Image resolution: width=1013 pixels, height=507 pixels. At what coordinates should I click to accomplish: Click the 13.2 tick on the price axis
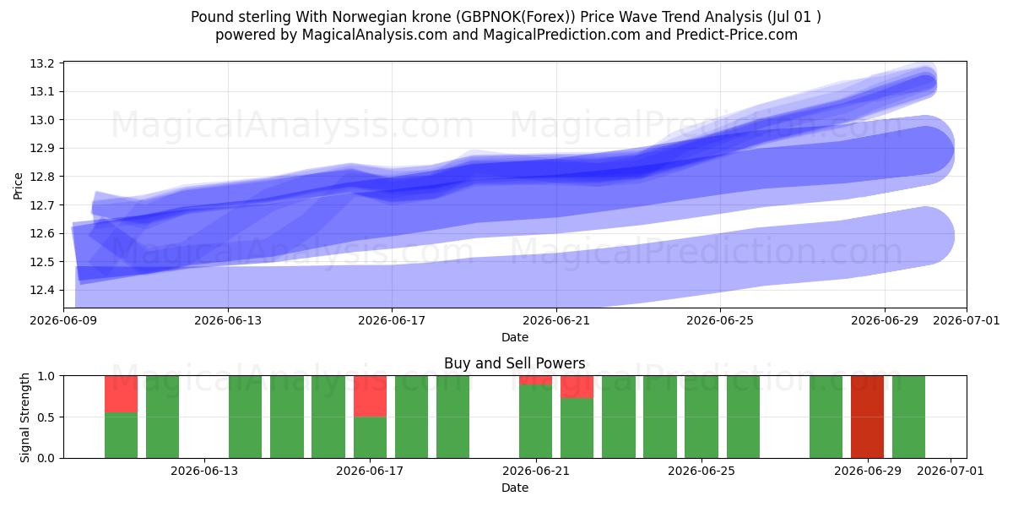(x=41, y=63)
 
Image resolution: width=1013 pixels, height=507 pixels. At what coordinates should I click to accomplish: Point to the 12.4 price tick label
(x=41, y=290)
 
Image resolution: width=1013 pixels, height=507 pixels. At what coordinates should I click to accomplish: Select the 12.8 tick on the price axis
(x=41, y=177)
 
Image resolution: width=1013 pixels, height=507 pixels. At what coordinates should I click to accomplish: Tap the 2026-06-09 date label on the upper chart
(x=64, y=320)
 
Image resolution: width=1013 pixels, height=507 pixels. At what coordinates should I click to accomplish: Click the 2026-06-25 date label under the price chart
(x=720, y=320)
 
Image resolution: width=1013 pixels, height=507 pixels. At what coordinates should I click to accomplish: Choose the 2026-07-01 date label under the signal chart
(x=951, y=471)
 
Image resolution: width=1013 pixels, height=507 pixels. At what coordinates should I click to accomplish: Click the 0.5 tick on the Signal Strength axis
(x=46, y=417)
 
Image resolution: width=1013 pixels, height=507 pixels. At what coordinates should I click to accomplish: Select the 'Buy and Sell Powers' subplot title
(x=515, y=363)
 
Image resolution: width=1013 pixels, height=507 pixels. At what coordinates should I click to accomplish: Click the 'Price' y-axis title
(x=18, y=186)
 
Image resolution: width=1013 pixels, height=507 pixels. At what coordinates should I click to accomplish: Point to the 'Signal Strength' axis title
(x=24, y=417)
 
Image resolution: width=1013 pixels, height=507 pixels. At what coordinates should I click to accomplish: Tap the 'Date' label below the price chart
(x=515, y=337)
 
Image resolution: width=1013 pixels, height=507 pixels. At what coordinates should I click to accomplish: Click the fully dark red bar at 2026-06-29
(x=867, y=417)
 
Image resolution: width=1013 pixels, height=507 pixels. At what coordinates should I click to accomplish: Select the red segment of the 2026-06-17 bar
(x=370, y=396)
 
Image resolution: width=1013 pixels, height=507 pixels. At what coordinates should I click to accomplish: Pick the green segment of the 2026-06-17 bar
(x=370, y=438)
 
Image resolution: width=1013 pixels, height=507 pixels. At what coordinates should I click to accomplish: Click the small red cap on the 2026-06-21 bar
(x=535, y=380)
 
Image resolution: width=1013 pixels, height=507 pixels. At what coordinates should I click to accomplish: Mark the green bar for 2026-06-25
(x=702, y=417)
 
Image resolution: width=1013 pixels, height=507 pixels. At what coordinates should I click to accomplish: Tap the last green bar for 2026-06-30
(x=908, y=417)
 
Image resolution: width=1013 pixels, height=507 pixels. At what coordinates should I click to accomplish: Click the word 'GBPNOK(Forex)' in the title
(x=516, y=17)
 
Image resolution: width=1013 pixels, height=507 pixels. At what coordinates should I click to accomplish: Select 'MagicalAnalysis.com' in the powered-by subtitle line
(x=375, y=35)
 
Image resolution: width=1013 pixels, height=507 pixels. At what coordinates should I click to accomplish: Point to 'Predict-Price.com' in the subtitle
(x=737, y=35)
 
